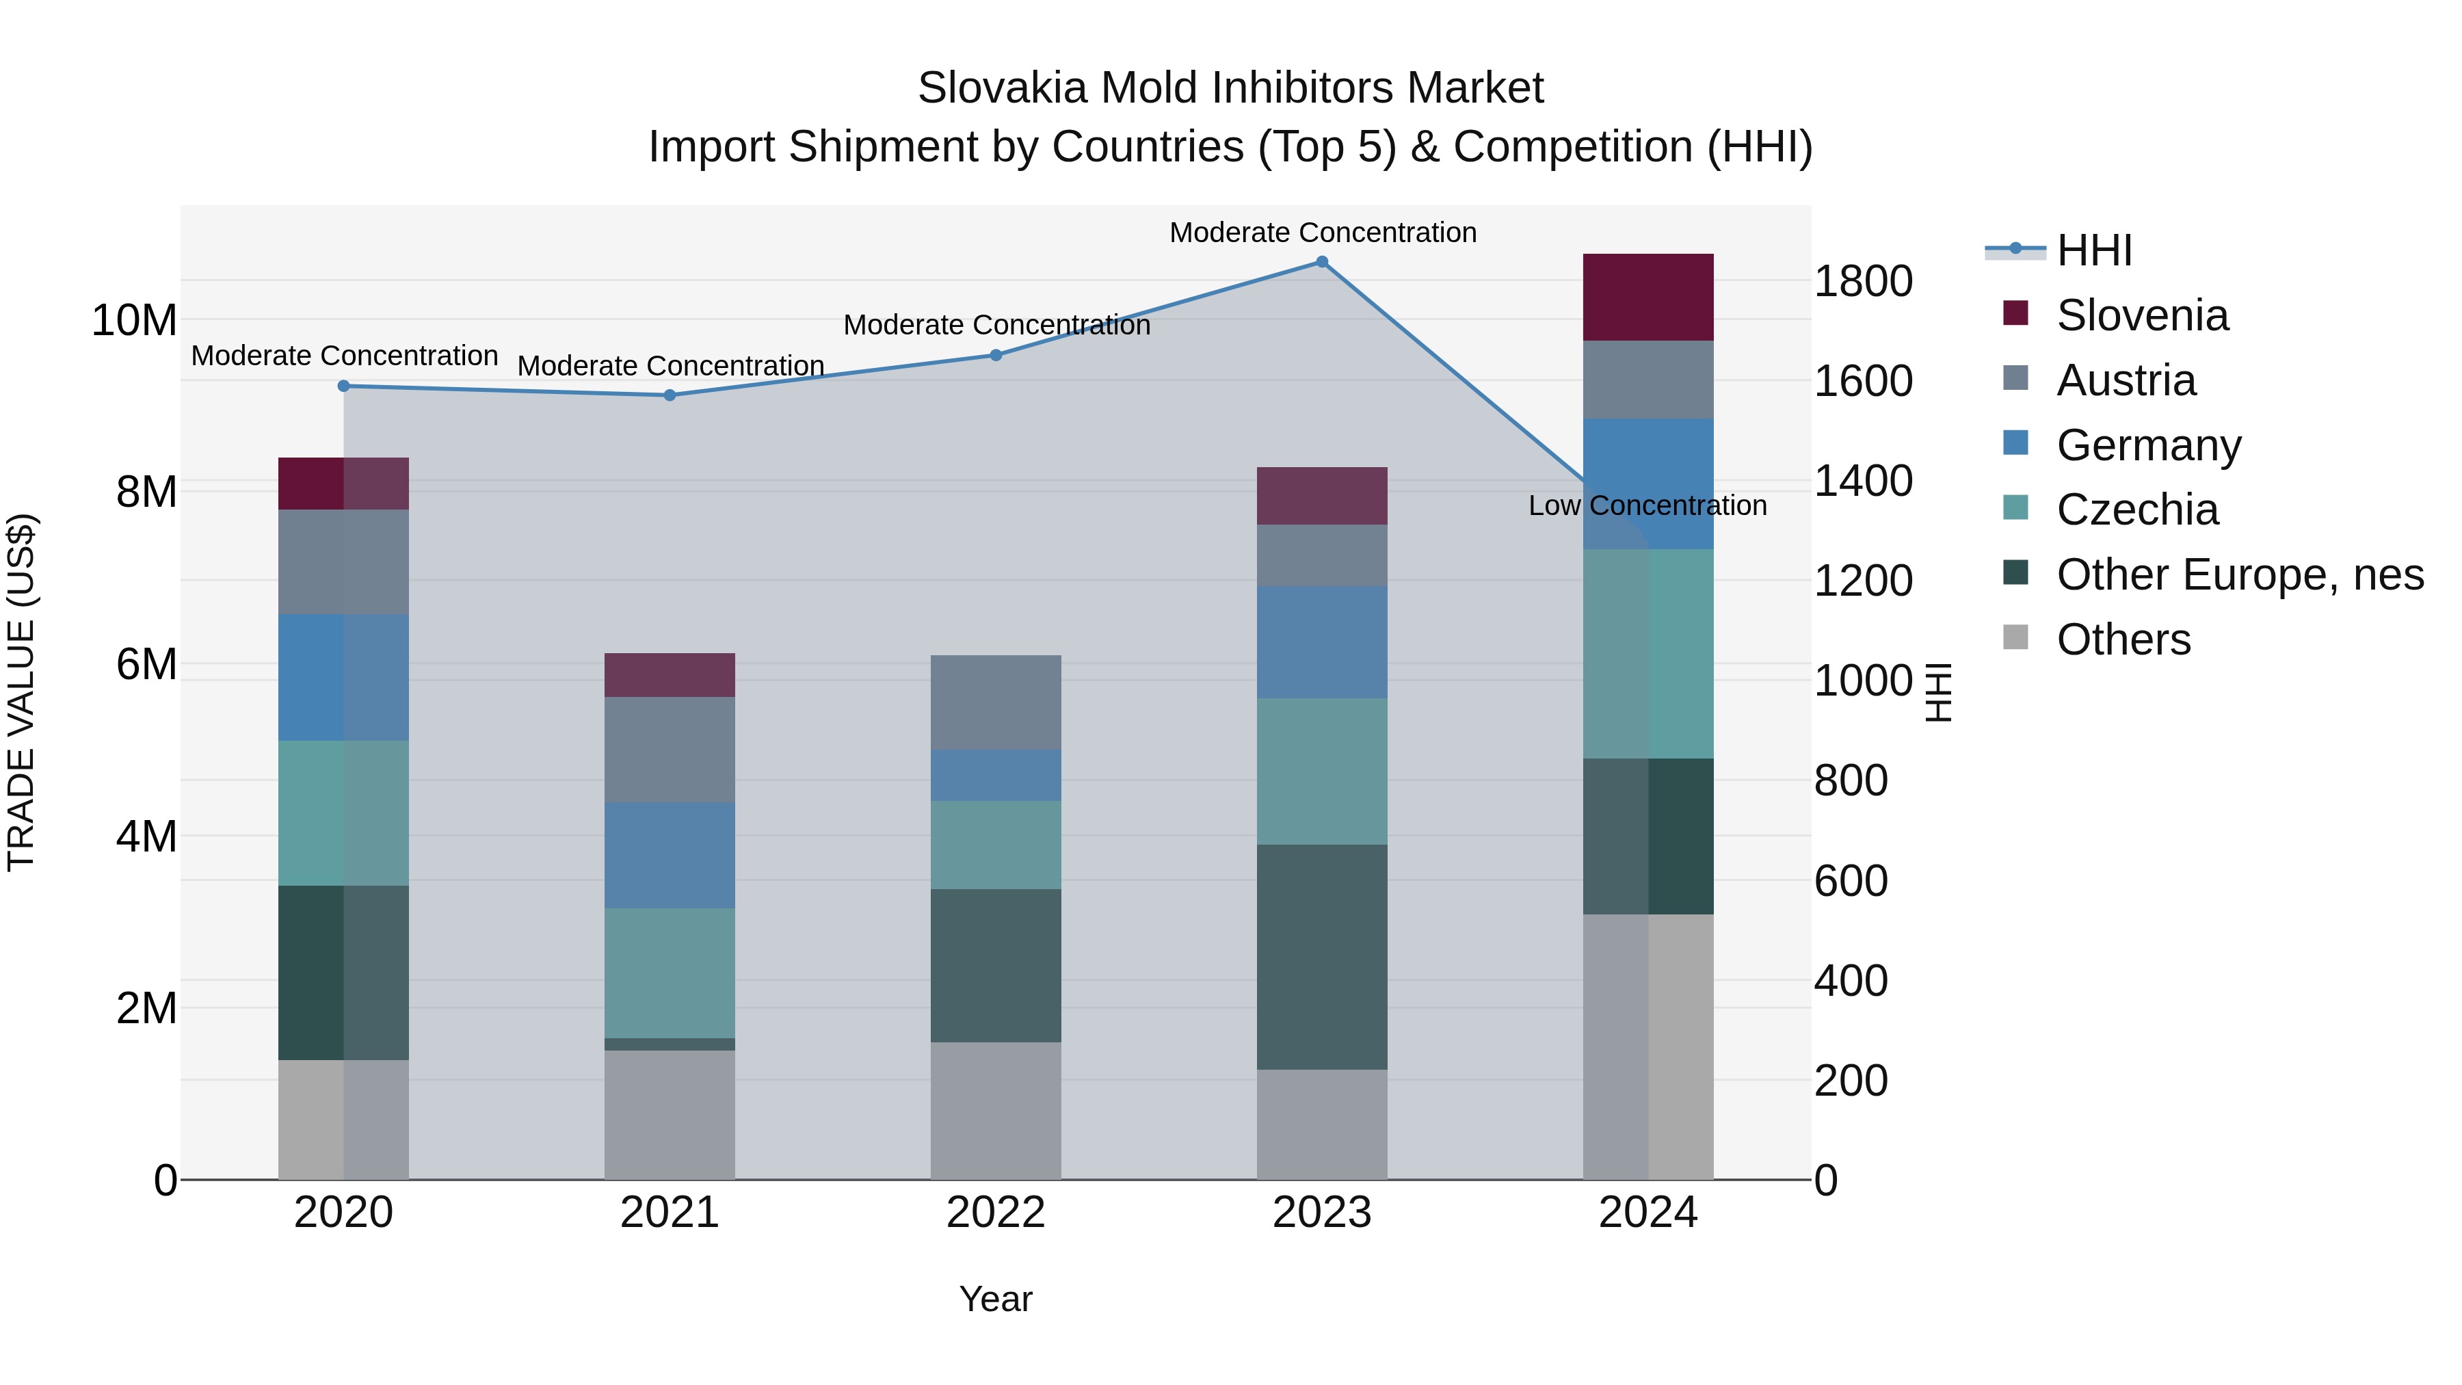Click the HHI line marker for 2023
[x=1322, y=262]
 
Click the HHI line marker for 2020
[x=344, y=386]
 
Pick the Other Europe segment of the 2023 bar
[x=1322, y=956]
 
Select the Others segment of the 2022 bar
[x=996, y=1110]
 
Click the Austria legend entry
[x=2125, y=380]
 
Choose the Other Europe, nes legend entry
[x=2238, y=575]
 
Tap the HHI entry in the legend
[x=2093, y=250]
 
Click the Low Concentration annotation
[x=1647, y=505]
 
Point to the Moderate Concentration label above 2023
[x=1323, y=233]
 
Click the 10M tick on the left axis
[x=134, y=320]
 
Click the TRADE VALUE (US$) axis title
[x=21, y=692]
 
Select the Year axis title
[x=995, y=1299]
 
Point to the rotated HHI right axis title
[x=1937, y=692]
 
